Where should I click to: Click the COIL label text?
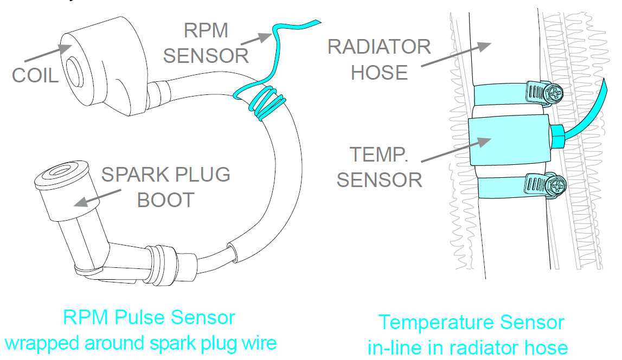pyautogui.click(x=35, y=75)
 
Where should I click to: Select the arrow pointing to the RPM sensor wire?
pyautogui.click(x=256, y=38)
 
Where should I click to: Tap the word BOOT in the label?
pyautogui.click(x=165, y=200)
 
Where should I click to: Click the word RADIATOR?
pyautogui.click(x=379, y=47)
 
